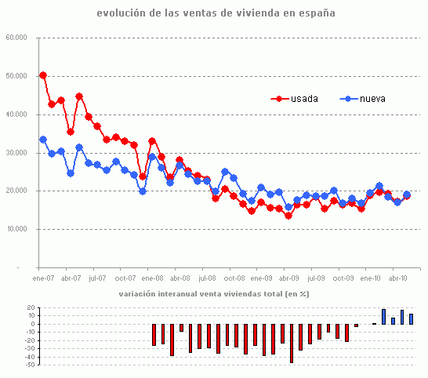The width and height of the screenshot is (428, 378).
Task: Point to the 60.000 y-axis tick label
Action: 16,38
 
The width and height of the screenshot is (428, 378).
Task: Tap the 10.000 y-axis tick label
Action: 16,230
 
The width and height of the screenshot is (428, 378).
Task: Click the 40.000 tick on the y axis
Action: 16,114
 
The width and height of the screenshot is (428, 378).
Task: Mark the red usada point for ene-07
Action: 43,75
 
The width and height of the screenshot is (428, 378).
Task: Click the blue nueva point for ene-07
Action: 43,140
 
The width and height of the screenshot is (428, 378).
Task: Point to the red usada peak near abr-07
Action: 79,96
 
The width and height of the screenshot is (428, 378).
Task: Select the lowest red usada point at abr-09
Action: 288,216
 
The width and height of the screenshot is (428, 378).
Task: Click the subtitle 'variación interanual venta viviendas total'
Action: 213,294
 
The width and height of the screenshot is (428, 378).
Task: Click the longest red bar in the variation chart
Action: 292,343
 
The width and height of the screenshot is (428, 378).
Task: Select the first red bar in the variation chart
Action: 154,334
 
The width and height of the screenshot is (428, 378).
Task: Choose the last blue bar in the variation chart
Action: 411,319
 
